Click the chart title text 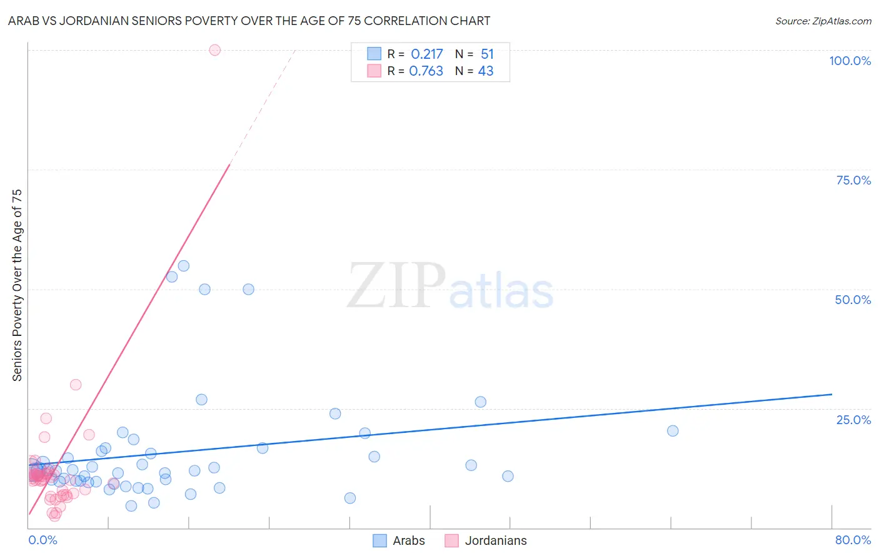[249, 21]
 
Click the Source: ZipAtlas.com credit [823, 21]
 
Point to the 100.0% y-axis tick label [850, 61]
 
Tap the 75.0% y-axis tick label [853, 180]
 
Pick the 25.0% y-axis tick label [853, 420]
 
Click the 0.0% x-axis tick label [43, 540]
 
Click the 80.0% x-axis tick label [853, 540]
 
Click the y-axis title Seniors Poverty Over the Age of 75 [18, 285]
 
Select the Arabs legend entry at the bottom [399, 540]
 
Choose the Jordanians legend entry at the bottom [486, 540]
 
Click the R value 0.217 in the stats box [427, 54]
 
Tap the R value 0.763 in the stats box [426, 71]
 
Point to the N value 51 [487, 54]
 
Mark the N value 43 [486, 71]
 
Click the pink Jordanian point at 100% [214, 50]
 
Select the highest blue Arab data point [183, 266]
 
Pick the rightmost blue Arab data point [673, 430]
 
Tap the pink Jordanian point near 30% [76, 385]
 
